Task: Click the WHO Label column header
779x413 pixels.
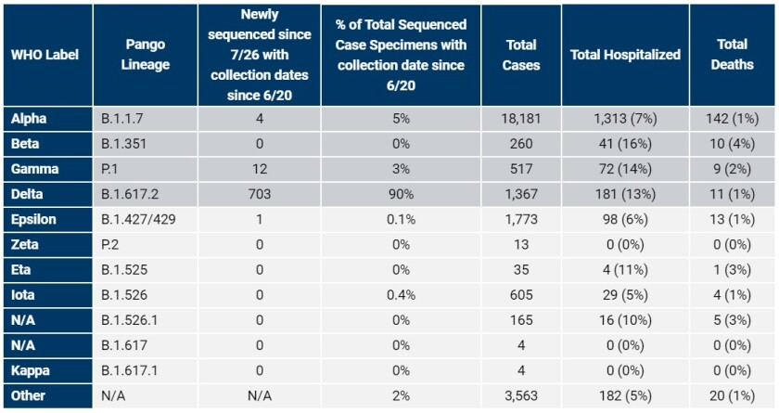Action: coord(45,55)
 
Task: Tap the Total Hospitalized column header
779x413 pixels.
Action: coord(625,55)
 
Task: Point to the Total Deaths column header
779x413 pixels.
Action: coord(734,55)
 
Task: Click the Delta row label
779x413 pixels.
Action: coord(27,194)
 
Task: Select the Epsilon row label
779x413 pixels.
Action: coord(33,220)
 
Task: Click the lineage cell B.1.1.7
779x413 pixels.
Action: coord(123,119)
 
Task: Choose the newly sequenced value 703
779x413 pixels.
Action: coord(259,194)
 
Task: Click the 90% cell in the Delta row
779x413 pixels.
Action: coord(402,194)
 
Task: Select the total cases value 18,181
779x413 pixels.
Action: coord(520,119)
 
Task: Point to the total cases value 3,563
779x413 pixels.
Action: coord(520,395)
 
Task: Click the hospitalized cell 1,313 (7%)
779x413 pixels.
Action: coord(625,119)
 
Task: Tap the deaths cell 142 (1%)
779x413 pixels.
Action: coord(734,119)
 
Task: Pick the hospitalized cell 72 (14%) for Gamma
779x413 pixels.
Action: coord(625,169)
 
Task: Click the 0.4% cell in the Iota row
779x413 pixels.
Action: coord(402,295)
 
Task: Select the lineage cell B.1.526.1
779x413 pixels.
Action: coord(131,320)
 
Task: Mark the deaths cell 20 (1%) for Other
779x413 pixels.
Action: coord(734,395)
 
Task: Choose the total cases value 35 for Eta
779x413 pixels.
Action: coord(520,270)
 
